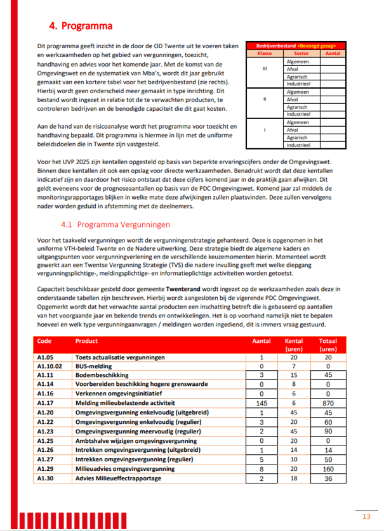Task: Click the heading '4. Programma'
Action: click(x=81, y=27)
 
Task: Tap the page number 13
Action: click(x=366, y=516)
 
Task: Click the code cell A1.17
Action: click(x=45, y=402)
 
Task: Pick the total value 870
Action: click(x=328, y=402)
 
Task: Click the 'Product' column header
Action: click(x=86, y=341)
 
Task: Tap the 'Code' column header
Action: click(x=44, y=341)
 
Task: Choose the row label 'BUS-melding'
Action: click(x=94, y=366)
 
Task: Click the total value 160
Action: click(x=328, y=469)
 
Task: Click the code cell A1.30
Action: click(x=45, y=478)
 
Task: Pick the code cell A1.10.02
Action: click(x=50, y=366)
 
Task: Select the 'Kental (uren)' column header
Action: click(x=294, y=345)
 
